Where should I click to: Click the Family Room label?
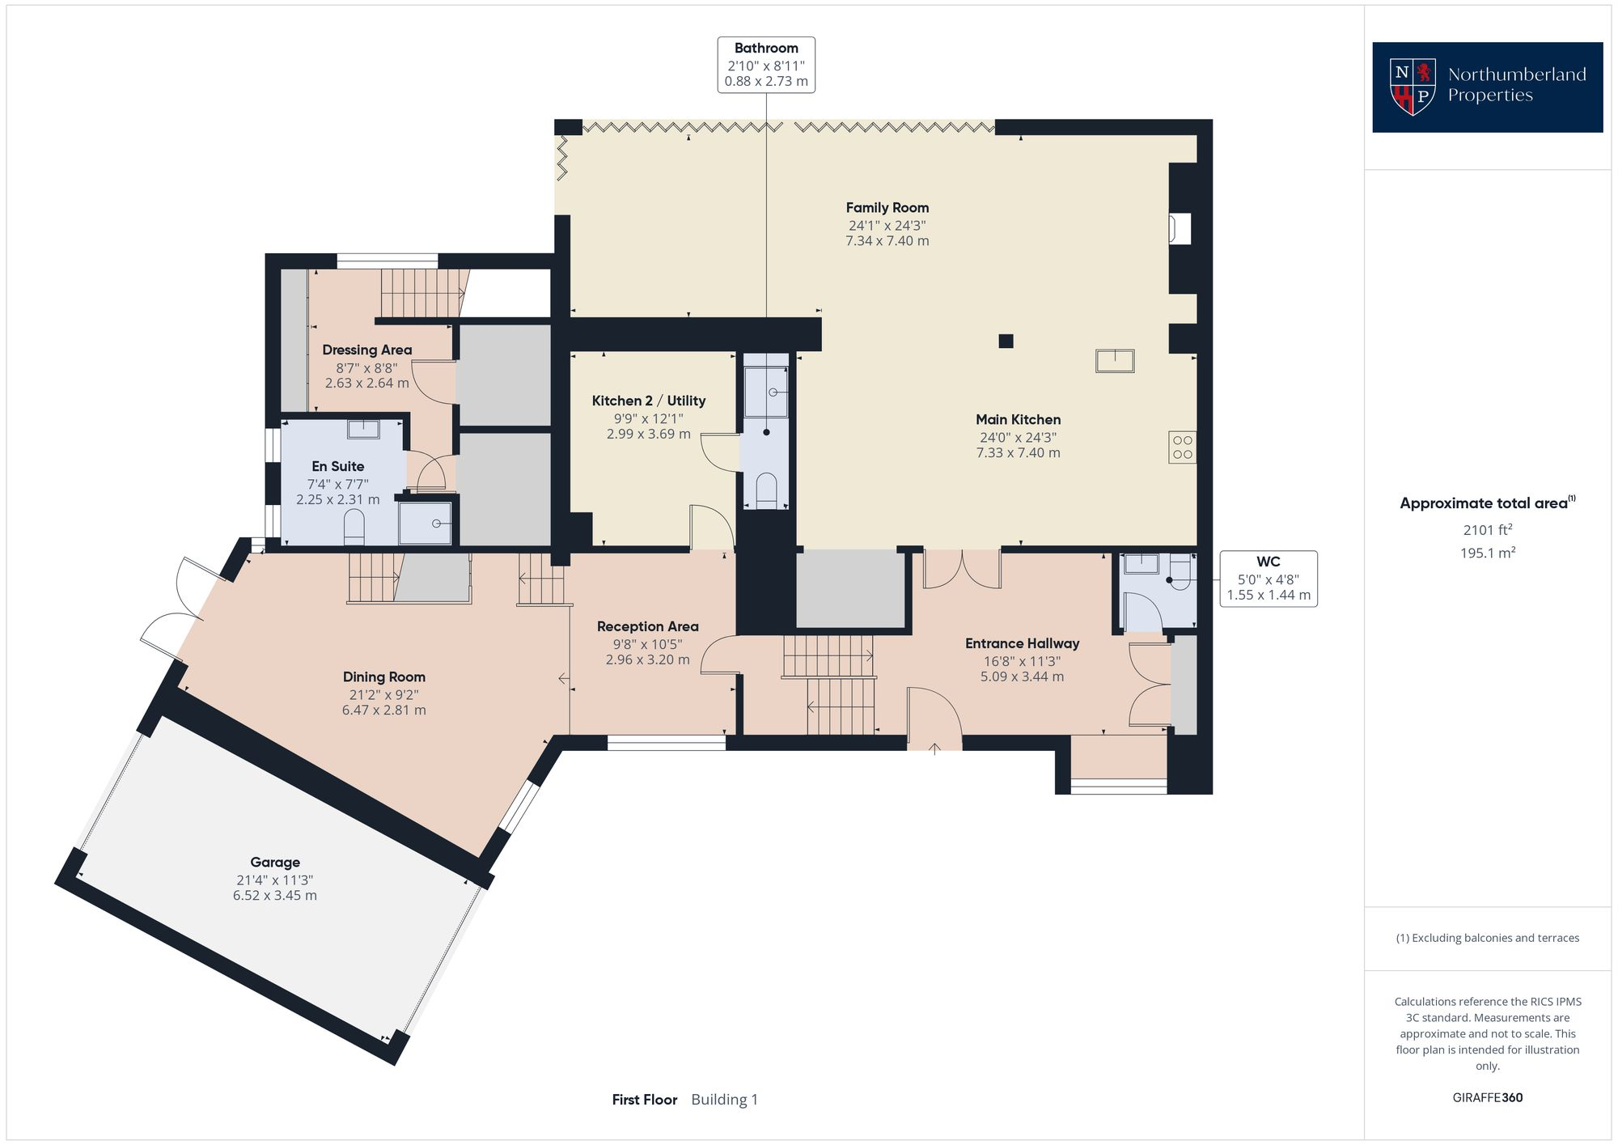887,208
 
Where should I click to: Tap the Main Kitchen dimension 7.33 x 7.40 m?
1018,453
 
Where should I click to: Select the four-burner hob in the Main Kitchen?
1182,447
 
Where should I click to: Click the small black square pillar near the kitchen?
1006,341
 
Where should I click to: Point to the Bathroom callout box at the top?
766,65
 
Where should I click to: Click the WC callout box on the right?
1268,579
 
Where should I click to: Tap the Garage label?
275,863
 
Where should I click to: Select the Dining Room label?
383,677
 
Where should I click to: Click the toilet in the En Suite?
354,531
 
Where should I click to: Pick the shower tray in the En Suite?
425,524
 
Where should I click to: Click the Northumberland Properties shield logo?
1412,87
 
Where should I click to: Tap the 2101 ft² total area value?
1487,530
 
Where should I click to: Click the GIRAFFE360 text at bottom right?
1487,1097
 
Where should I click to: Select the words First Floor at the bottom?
644,1100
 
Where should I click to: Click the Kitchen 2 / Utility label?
648,401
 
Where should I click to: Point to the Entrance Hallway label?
1022,644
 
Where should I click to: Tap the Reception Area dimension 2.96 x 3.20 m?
647,659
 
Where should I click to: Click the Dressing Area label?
366,350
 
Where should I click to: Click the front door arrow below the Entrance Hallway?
934,748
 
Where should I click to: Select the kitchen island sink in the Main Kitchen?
1115,360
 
